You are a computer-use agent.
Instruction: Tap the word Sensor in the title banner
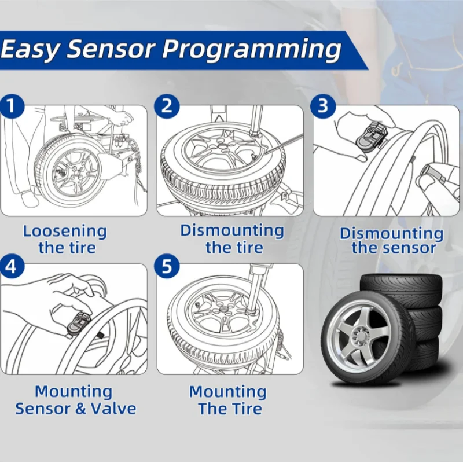(x=112, y=50)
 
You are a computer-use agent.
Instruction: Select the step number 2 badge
(x=167, y=106)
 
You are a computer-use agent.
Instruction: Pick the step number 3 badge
(x=324, y=106)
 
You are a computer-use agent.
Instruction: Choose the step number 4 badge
(x=13, y=266)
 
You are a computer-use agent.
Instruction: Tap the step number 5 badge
(x=167, y=266)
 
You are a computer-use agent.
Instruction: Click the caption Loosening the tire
(x=65, y=240)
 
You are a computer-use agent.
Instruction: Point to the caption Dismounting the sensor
(x=392, y=241)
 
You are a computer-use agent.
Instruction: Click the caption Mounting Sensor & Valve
(x=75, y=400)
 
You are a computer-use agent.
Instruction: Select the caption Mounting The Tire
(x=229, y=400)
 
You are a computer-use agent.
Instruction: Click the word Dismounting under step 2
(x=231, y=230)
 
